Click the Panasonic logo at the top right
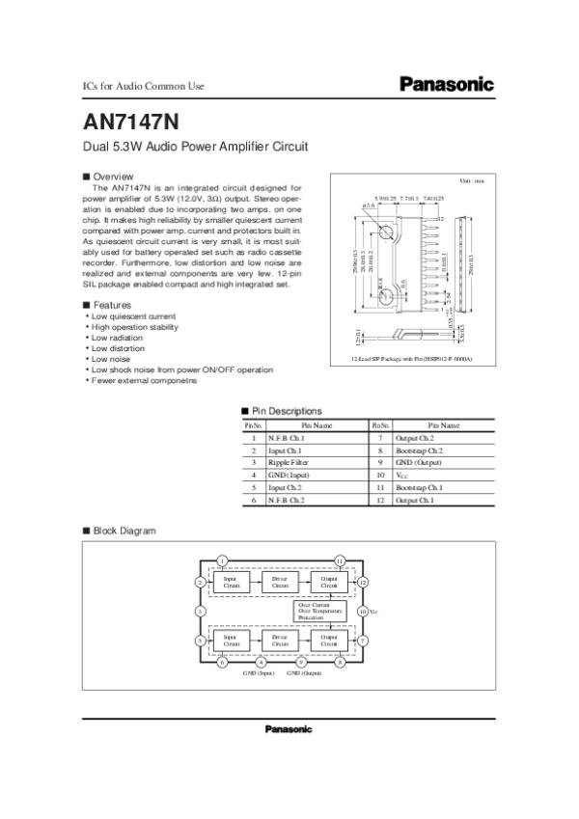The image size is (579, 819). [x=446, y=85]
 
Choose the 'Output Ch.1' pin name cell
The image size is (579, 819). [x=415, y=502]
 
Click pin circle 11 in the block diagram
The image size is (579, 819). [x=339, y=560]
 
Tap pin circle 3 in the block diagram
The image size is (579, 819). [x=200, y=612]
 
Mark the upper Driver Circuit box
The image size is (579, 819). [x=280, y=583]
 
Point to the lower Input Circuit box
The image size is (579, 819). [x=231, y=640]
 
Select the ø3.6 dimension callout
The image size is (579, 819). [x=368, y=206]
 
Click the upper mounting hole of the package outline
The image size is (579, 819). [x=385, y=233]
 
